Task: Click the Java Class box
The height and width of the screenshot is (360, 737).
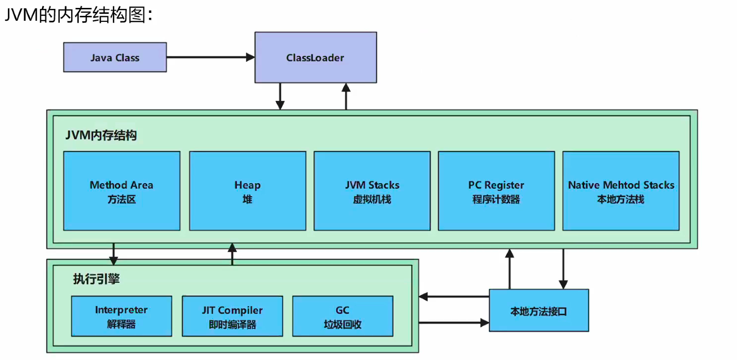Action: [115, 57]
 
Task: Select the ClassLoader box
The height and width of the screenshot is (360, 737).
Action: [315, 57]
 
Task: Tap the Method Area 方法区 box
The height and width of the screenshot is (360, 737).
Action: [122, 191]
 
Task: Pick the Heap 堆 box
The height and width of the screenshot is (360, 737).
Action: [247, 191]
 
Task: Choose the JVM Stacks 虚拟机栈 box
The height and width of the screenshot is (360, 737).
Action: [372, 191]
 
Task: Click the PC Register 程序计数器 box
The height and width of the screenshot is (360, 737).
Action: [496, 191]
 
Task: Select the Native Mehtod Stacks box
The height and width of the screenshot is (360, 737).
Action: [621, 191]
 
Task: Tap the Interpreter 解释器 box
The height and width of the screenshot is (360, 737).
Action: [121, 316]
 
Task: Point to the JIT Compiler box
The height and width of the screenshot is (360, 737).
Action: [232, 316]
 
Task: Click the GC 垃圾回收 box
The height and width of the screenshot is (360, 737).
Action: [343, 316]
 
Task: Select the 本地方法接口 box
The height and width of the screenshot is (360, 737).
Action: [539, 311]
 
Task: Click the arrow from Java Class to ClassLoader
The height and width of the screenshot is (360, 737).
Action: [210, 57]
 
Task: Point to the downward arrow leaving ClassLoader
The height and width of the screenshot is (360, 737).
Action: [280, 96]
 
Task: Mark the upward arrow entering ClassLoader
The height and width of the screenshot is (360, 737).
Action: [346, 96]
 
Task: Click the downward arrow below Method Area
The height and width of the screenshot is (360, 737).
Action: [114, 253]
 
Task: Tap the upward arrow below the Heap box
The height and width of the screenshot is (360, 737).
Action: [232, 253]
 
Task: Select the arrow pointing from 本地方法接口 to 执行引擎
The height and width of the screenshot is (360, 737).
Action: [454, 297]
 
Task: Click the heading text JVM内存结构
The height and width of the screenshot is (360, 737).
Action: [100, 135]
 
